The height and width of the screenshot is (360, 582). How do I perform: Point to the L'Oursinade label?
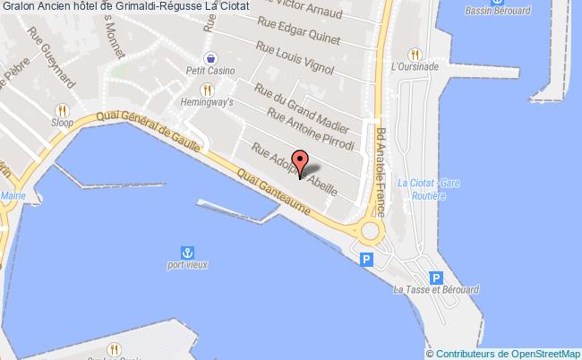(413, 65)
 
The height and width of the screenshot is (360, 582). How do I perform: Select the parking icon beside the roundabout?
(365, 259)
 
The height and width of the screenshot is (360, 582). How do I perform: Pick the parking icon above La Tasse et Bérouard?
(436, 278)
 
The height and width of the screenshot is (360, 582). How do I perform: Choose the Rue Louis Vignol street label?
(295, 60)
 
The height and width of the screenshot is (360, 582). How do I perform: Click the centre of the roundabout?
(370, 231)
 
